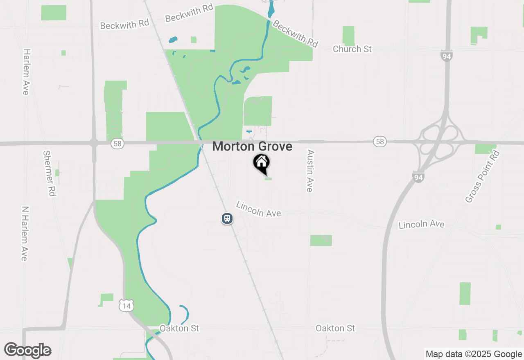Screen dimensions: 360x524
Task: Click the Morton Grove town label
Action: pyautogui.click(x=252, y=146)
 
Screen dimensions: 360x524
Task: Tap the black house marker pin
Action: pyautogui.click(x=261, y=163)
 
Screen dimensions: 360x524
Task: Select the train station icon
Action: pyautogui.click(x=227, y=218)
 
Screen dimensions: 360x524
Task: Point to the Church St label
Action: pyautogui.click(x=352, y=49)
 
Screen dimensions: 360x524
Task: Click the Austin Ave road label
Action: pyautogui.click(x=310, y=170)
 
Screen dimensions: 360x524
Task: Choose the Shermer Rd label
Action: pyautogui.click(x=49, y=173)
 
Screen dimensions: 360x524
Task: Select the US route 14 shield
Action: pyautogui.click(x=126, y=305)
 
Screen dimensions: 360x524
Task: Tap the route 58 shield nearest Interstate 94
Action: pyautogui.click(x=380, y=142)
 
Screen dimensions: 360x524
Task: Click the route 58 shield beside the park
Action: pyautogui.click(x=117, y=144)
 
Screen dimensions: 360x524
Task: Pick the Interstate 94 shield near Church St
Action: pyautogui.click(x=447, y=56)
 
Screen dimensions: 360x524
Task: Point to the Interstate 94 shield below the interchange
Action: pyautogui.click(x=418, y=177)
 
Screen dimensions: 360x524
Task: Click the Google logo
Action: pyautogui.click(x=28, y=350)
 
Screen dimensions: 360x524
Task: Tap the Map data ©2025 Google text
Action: pyautogui.click(x=474, y=354)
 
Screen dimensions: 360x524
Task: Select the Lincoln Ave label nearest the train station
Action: pyautogui.click(x=259, y=209)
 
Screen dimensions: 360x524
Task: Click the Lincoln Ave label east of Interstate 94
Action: pyautogui.click(x=421, y=224)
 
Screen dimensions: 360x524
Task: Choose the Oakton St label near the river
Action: pyautogui.click(x=179, y=328)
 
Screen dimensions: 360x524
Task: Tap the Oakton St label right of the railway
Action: pyautogui.click(x=335, y=328)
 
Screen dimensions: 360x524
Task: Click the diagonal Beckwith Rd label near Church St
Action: pyautogui.click(x=295, y=34)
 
